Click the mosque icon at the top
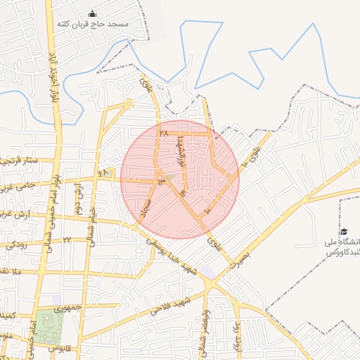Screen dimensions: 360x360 92,14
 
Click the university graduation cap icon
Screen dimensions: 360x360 344,232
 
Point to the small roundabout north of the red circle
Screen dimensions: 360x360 129,103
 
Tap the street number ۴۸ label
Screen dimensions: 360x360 104,172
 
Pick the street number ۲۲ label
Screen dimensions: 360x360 67,240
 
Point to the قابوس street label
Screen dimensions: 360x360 65,347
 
